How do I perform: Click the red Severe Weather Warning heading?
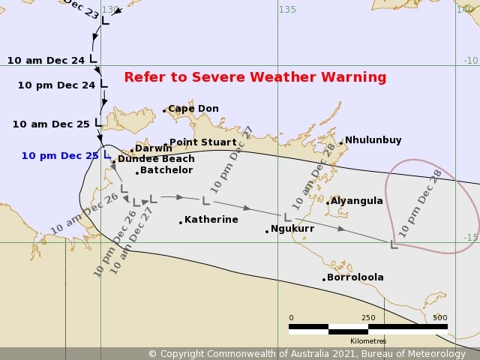pos(255,77)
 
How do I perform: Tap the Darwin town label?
pos(153,148)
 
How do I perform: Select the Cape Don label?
pos(193,109)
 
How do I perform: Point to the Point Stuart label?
pos(202,142)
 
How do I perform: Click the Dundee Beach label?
pos(155,159)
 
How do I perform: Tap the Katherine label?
pos(211,220)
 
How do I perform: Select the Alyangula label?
pos(357,201)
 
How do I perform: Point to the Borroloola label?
pos(355,277)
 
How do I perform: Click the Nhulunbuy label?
pos(373,140)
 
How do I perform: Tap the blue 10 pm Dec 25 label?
pos(59,156)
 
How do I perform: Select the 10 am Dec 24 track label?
pos(46,60)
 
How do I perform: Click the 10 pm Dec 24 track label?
pos(56,85)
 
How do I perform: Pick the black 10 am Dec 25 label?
pos(51,124)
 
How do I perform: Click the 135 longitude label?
pos(287,9)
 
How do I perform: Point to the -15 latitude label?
pos(470,238)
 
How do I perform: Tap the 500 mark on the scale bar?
pos(439,317)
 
